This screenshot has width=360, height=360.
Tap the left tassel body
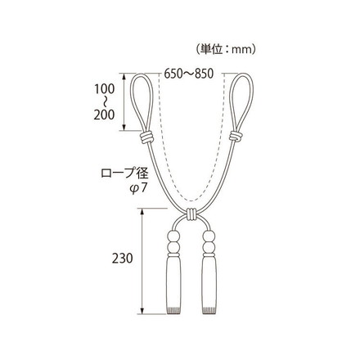click(173, 283)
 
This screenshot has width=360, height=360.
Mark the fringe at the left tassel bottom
click(173, 313)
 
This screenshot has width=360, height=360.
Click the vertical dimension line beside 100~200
click(124, 101)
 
